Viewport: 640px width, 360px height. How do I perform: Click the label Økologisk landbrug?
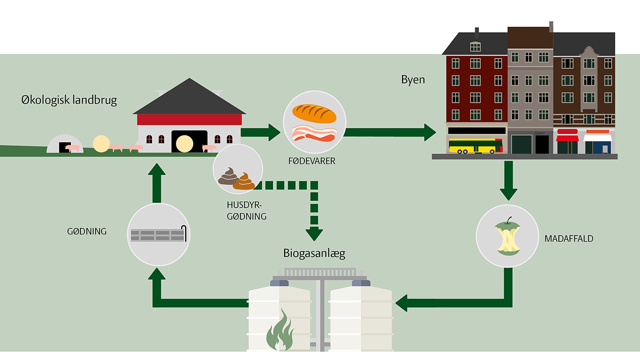coord(69,100)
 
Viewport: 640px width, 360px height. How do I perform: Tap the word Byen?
coord(413,80)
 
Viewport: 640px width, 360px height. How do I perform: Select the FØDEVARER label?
coord(312,161)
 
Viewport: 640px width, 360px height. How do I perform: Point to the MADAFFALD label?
coord(568,239)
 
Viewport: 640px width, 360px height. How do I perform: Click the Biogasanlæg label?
coord(314,253)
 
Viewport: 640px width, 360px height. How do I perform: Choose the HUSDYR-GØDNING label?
coord(246,210)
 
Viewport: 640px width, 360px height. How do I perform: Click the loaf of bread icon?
coord(314,114)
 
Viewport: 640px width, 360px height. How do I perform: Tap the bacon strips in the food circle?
coord(314,134)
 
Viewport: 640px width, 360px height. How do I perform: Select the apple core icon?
coord(508,237)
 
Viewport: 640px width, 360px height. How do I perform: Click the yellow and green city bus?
coord(475,146)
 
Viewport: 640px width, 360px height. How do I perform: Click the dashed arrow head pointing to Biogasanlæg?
coord(314,234)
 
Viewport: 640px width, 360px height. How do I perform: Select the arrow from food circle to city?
coord(390,132)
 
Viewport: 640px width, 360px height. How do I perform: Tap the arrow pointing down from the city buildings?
coord(508,180)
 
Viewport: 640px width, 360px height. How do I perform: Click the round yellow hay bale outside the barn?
coord(101,144)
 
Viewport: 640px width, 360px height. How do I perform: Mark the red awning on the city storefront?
coord(567,138)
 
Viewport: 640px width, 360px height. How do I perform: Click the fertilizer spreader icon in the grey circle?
coord(158,235)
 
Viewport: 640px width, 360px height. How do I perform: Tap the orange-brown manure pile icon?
coord(244,182)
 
